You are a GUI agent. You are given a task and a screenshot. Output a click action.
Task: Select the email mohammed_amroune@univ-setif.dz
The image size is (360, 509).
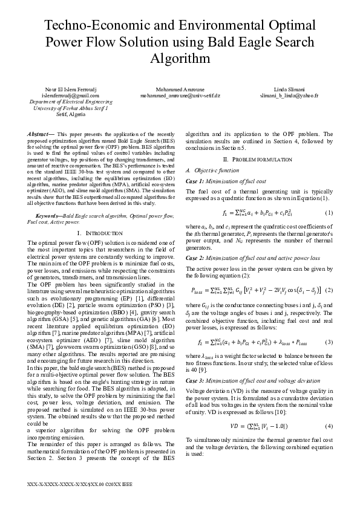[180, 96]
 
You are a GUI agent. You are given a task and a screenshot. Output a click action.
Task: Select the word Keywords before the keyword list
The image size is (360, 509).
[48, 216]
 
